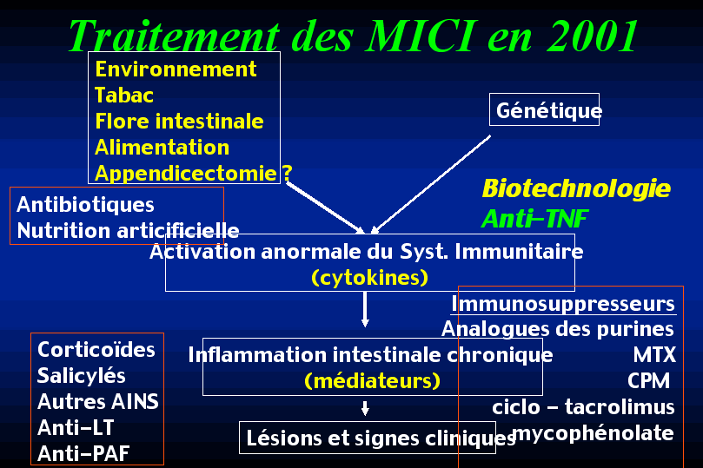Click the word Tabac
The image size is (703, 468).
tap(124, 96)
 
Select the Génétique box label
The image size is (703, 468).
tap(549, 110)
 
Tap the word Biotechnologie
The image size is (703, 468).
tap(576, 188)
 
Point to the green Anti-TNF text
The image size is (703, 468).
tap(534, 219)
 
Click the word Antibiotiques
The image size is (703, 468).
tap(86, 205)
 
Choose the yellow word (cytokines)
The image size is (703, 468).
tap(370, 278)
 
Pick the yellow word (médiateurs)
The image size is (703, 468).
tap(372, 380)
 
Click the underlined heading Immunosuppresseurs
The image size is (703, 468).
tap(563, 304)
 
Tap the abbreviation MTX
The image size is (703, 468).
tap(654, 355)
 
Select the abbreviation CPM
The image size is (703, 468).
tap(648, 381)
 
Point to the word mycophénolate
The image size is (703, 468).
tap(593, 433)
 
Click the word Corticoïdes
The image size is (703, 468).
tap(96, 350)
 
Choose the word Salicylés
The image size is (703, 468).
tap(81, 376)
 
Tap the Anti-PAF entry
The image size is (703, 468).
tap(83, 453)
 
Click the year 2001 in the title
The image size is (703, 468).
tap(593, 36)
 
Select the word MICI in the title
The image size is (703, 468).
tap(419, 36)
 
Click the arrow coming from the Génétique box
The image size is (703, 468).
tap(430, 185)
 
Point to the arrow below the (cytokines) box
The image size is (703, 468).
tap(365, 309)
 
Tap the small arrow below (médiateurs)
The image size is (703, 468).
tap(365, 408)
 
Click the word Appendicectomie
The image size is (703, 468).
tap(186, 174)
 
